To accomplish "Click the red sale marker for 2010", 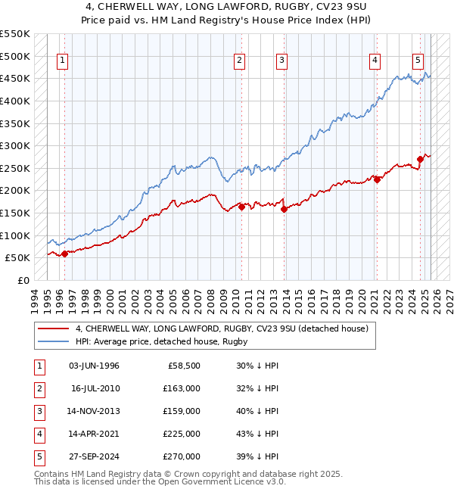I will (242, 207).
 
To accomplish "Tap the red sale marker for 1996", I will (64, 254).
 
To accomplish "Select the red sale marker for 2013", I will (284, 209).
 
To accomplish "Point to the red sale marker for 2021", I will (377, 179).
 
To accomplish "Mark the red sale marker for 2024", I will (420, 159).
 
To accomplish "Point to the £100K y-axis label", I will (14, 235).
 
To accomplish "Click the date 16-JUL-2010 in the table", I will (95, 388).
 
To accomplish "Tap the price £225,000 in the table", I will (182, 434).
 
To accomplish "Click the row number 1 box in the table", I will (37, 365).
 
